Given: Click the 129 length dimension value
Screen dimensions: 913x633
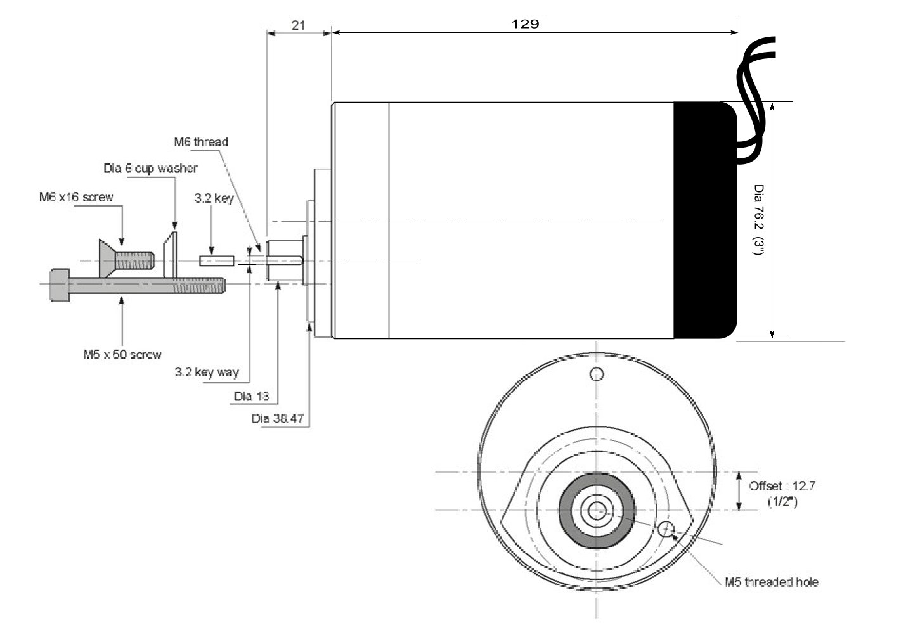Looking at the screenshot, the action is coord(525,24).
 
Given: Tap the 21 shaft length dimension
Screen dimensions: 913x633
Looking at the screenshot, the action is coord(299,25).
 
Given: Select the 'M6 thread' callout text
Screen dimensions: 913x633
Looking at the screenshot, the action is coord(201,142).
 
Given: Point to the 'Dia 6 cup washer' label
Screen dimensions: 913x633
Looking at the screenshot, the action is coord(150,169).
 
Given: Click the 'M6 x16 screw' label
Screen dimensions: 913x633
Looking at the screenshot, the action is coord(76,197).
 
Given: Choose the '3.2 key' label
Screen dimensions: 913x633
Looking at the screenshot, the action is coord(214,198).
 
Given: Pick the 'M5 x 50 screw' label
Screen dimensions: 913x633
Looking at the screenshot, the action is coord(122,354).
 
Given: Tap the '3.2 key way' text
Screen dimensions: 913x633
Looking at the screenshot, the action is coord(207,372).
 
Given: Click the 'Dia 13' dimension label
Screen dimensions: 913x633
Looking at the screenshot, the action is coord(252,397).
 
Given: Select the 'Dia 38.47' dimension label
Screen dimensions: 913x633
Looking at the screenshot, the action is coord(278,419).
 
